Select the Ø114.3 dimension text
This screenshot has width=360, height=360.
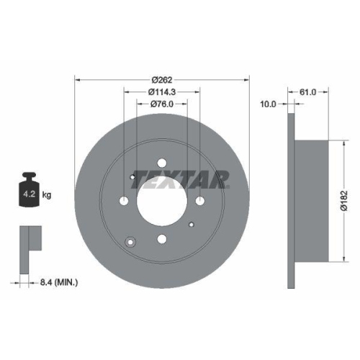click(x=162, y=91)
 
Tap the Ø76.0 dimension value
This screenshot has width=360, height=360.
click(x=162, y=104)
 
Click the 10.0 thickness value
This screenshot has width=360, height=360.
click(x=268, y=104)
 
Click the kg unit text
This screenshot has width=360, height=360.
click(x=48, y=194)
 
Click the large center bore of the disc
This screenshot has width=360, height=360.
click(x=161, y=201)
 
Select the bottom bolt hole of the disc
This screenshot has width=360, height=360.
click(x=161, y=239)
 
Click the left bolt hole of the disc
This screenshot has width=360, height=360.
click(x=124, y=201)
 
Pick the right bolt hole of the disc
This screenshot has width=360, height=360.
click(x=199, y=201)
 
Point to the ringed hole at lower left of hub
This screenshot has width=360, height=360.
click(x=131, y=241)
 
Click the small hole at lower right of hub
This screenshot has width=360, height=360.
click(x=191, y=225)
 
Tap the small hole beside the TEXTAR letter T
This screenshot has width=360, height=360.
click(x=133, y=178)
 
